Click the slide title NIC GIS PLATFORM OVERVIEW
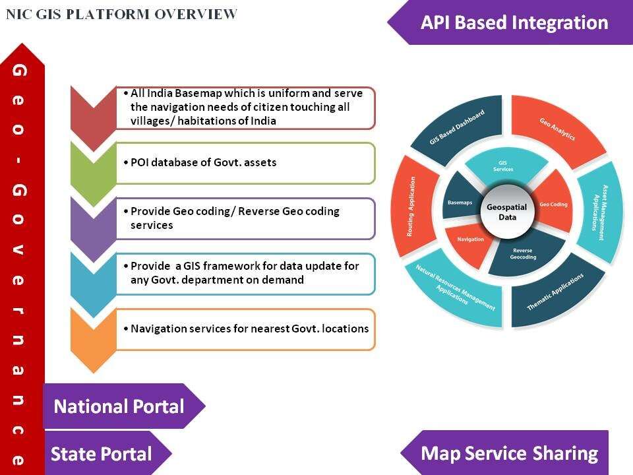(122, 14)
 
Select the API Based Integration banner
(514, 23)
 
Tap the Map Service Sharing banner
(509, 453)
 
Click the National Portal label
(119, 406)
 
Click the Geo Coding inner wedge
(553, 204)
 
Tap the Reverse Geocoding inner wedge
(525, 253)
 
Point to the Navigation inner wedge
(470, 239)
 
